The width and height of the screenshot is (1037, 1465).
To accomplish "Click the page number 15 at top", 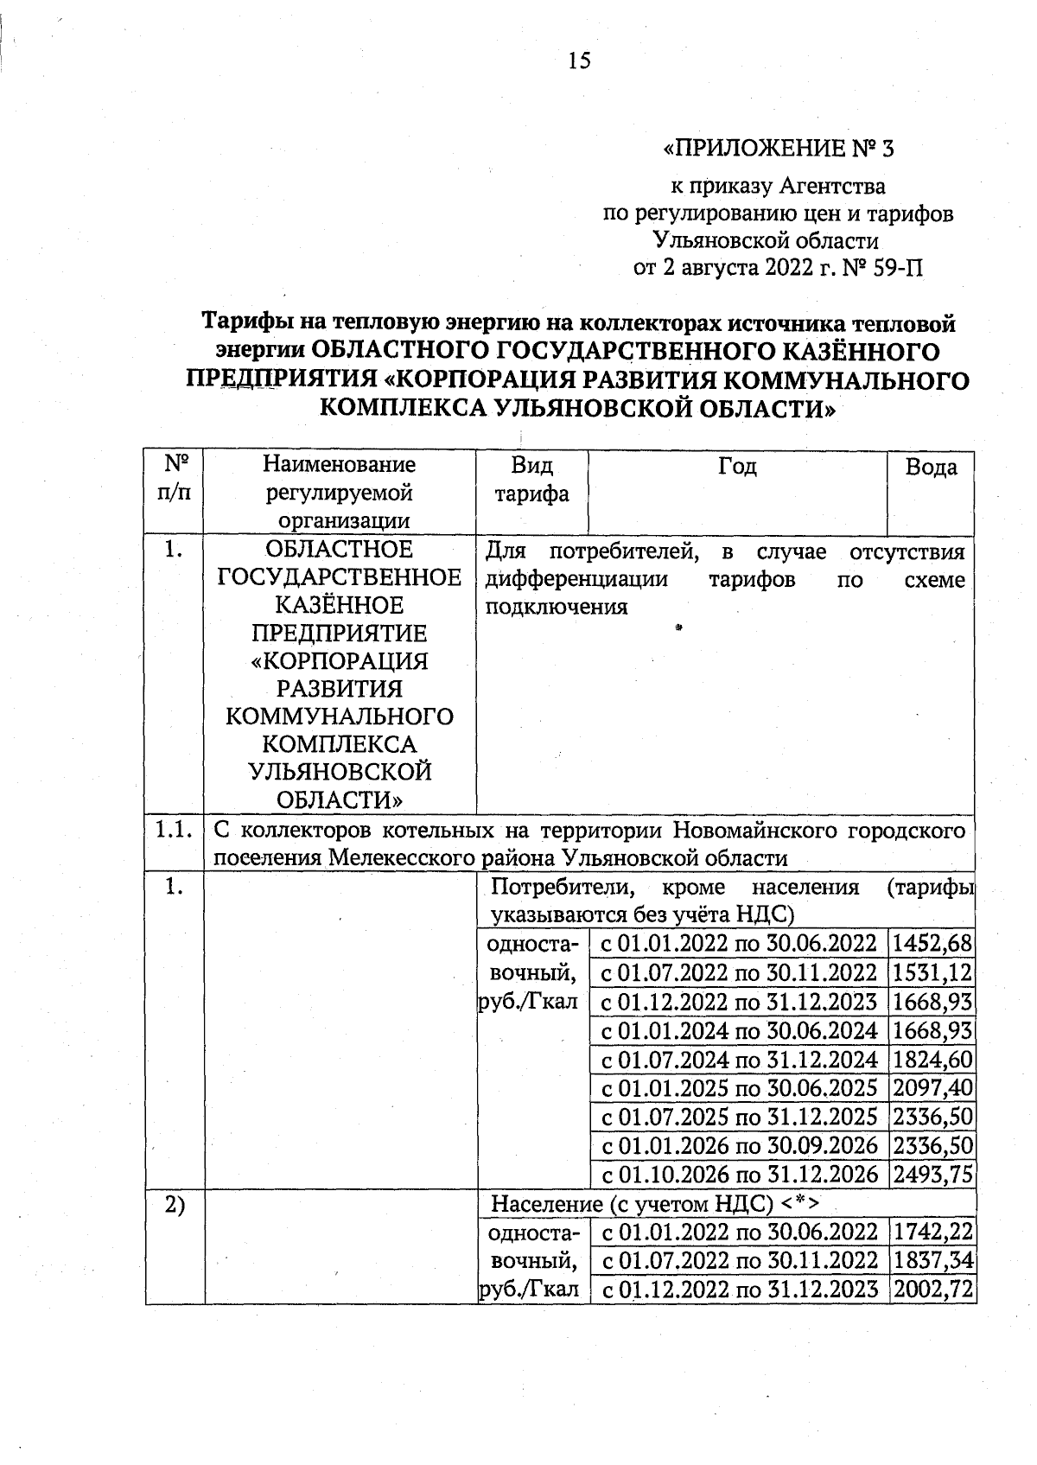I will point(579,61).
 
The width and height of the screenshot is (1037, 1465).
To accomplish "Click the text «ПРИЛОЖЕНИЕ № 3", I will point(778,150).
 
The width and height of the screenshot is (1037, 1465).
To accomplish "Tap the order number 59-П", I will point(897,268).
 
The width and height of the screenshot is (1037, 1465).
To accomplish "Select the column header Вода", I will point(931,468).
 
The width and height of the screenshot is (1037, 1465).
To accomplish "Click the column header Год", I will point(737,468).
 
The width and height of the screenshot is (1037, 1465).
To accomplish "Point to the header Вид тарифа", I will point(531,481).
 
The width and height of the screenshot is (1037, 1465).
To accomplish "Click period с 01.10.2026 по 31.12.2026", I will point(739,1175).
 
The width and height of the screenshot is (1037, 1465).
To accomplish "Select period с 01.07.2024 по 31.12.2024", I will point(739,1059).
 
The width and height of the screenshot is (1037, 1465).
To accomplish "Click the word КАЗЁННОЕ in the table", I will point(339,605).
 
